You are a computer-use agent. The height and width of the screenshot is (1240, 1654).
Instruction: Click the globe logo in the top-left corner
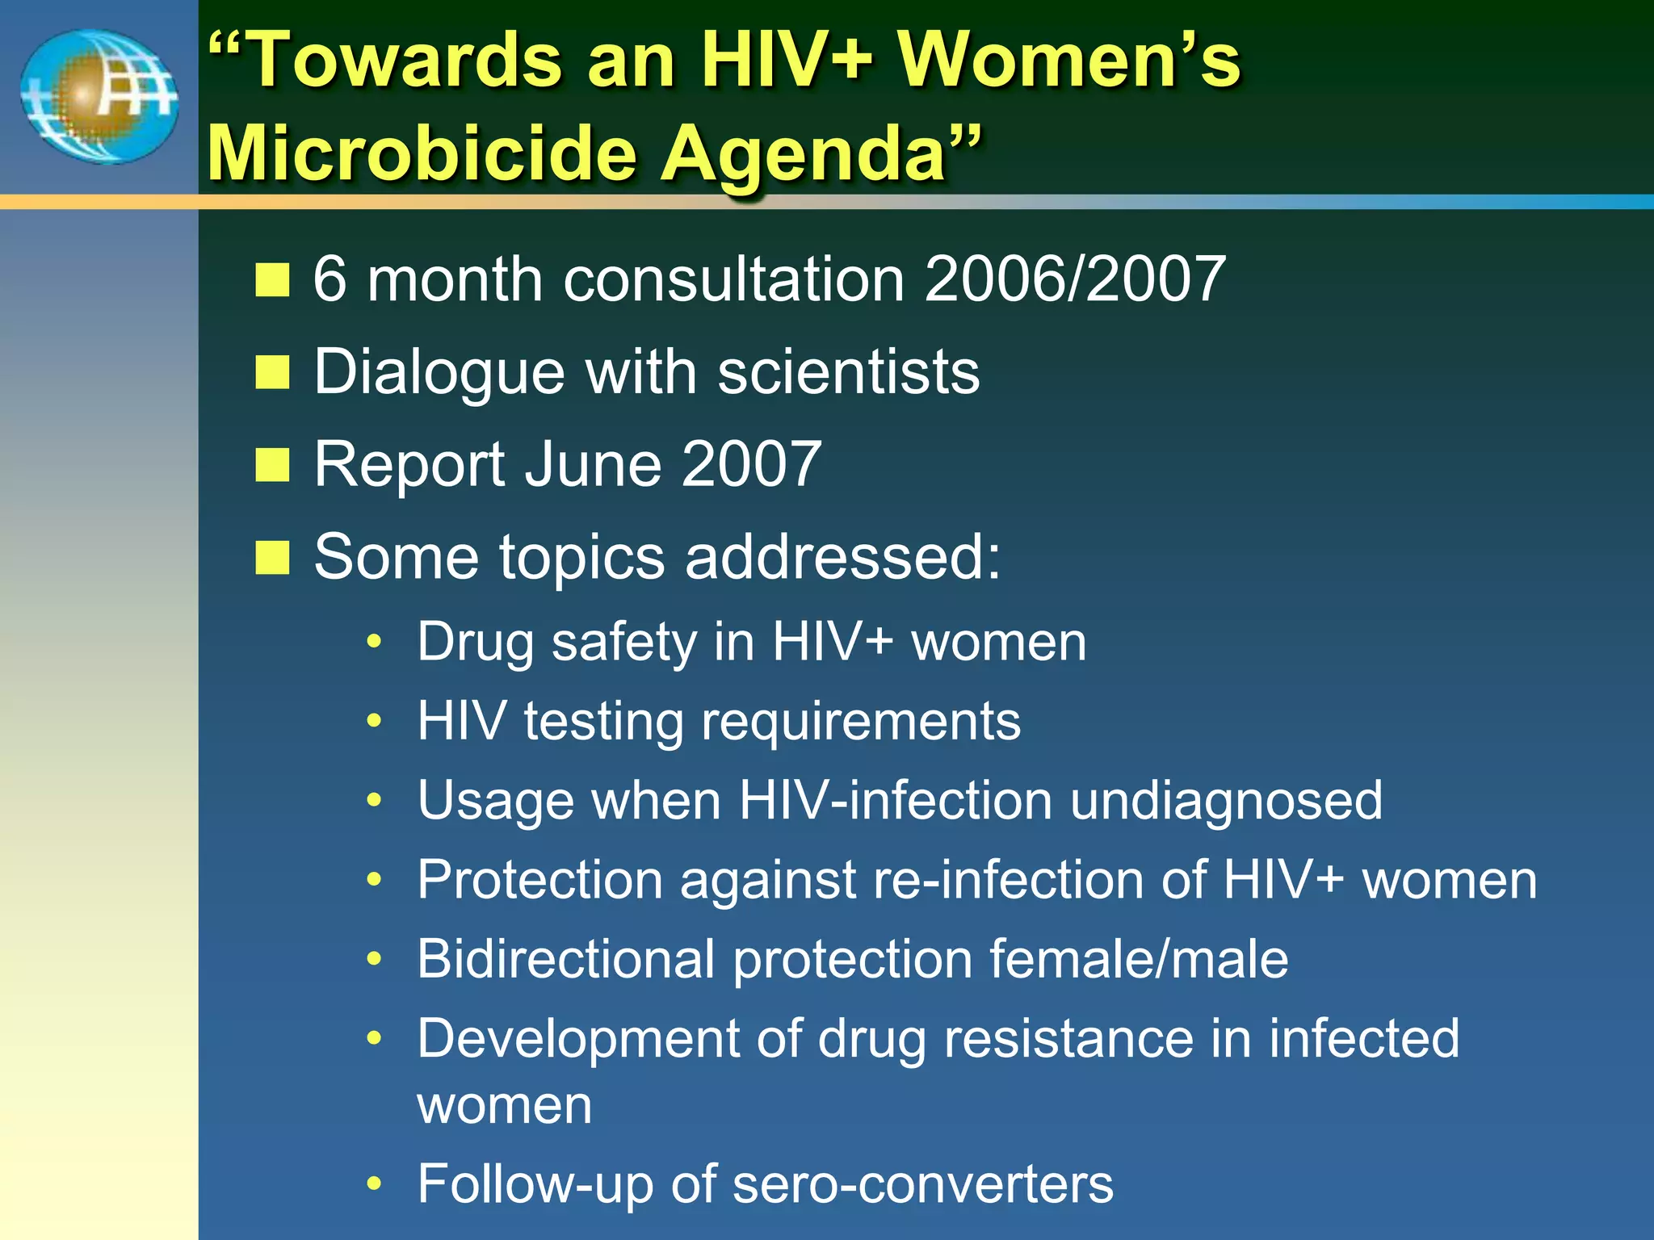tap(99, 97)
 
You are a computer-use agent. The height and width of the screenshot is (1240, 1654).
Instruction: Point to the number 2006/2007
tap(1075, 279)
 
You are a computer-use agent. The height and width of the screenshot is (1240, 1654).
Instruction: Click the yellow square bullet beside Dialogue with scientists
tap(272, 373)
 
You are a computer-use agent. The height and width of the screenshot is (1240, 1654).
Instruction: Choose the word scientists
tap(849, 373)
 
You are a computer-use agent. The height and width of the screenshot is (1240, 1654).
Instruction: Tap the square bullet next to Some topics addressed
tap(272, 558)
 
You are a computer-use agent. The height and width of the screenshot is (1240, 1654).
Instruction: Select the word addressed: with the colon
tap(843, 557)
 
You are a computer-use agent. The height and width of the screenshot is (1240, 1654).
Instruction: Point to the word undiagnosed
tap(1226, 801)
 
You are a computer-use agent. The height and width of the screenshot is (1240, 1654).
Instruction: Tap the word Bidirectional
tap(566, 959)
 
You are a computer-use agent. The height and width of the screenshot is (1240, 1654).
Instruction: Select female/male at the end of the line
tap(1139, 959)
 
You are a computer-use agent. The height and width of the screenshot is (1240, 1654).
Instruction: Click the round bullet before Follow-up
tap(373, 1184)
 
